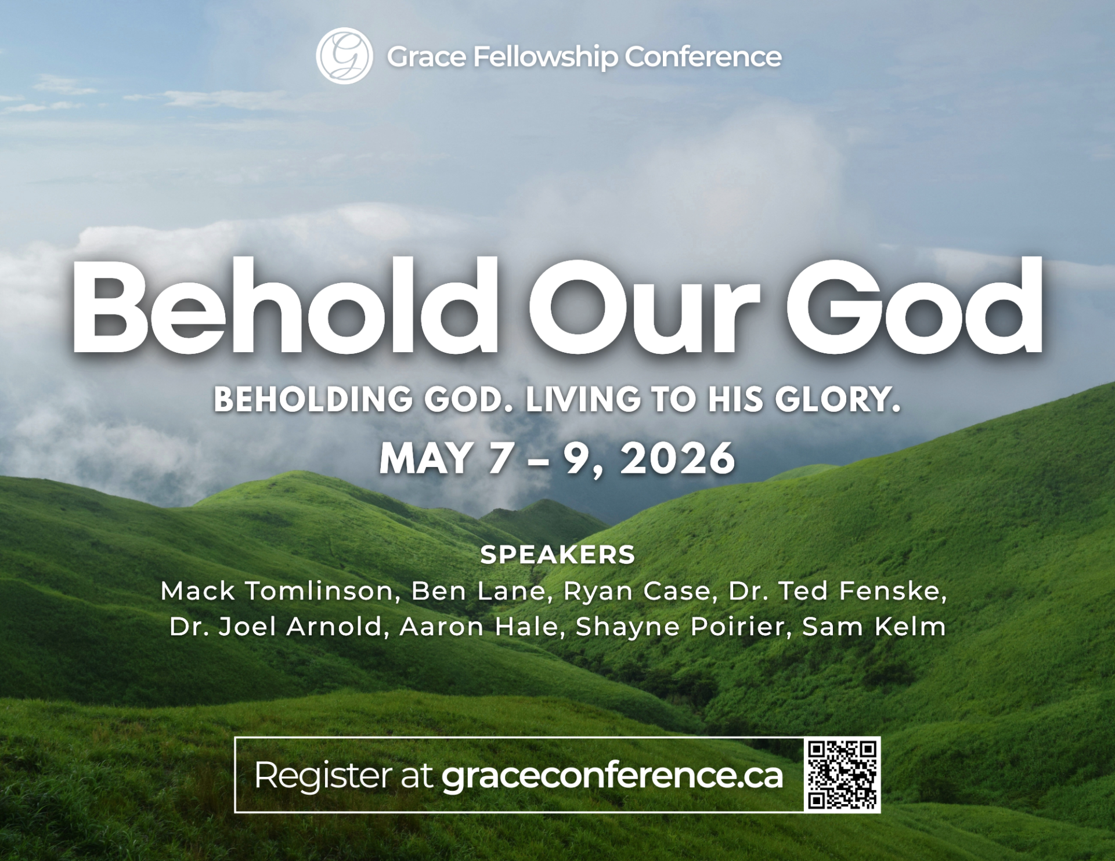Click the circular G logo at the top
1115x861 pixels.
pos(344,56)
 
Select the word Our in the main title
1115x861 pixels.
pos(644,307)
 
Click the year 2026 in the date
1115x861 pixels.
pos(677,458)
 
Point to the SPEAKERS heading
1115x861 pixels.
pos(558,555)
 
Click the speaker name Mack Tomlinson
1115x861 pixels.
pos(277,591)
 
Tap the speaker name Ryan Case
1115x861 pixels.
pos(637,591)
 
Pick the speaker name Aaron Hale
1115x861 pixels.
pos(478,627)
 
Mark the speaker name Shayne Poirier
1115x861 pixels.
pos(679,627)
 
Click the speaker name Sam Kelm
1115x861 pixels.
pos(874,627)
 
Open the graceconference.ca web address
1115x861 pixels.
pos(612,776)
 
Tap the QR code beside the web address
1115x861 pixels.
pos(842,775)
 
